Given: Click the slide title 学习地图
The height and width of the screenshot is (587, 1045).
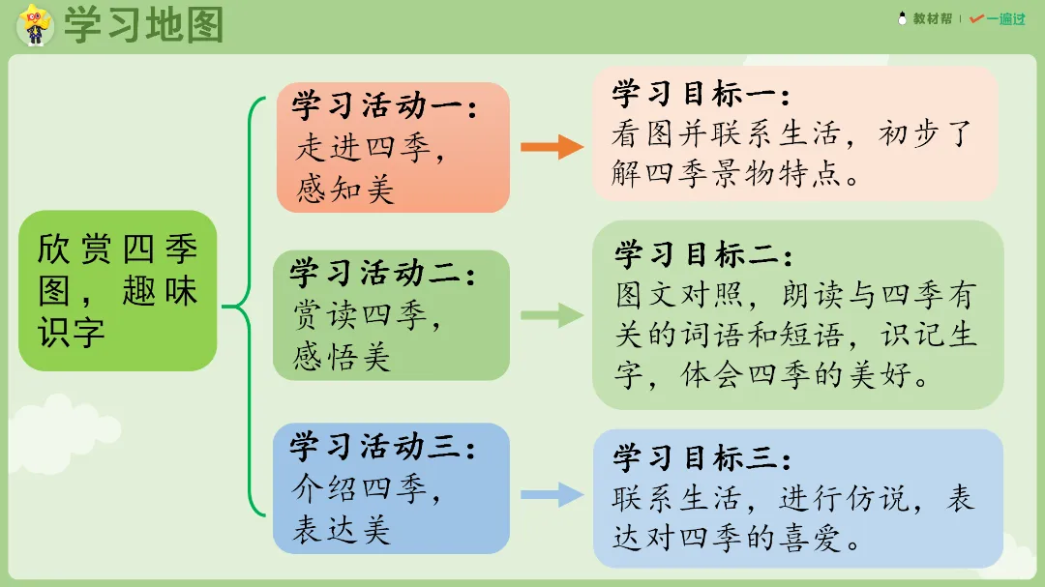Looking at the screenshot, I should pos(143,26).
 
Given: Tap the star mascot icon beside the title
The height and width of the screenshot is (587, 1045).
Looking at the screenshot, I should pos(35,24).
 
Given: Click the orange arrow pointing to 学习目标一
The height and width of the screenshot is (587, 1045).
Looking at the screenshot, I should pos(552,147).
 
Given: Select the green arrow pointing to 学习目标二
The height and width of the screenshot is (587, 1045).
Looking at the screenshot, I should pos(552,315).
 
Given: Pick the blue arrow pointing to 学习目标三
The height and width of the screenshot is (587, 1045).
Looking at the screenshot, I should pos(552,495).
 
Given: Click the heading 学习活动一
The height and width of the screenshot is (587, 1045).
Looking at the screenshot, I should pos(385,105).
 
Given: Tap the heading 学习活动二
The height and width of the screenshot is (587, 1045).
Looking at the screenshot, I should pos(384,274).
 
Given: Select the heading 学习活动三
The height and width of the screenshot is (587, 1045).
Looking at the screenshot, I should pos(384,448).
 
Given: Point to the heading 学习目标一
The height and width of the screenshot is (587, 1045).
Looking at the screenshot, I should pos(702,94).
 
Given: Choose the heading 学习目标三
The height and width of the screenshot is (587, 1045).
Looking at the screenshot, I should pos(703,457).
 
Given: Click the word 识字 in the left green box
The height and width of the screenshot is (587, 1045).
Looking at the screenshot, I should pos(72,331).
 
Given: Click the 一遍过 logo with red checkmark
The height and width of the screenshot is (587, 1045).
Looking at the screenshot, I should pos(997,18).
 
